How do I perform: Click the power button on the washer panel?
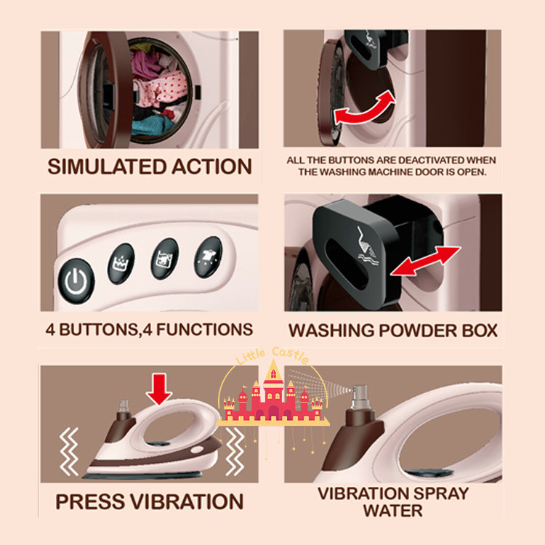76,280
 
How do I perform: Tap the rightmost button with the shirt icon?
209,257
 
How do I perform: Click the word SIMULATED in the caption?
107,166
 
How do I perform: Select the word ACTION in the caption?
211,166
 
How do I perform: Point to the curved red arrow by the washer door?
365,110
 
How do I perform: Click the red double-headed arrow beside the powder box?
426,261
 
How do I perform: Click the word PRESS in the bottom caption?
90,501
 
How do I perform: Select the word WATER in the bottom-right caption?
392,511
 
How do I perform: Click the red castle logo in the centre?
273,396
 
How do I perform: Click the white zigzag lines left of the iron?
69,451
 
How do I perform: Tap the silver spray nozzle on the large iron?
359,397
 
